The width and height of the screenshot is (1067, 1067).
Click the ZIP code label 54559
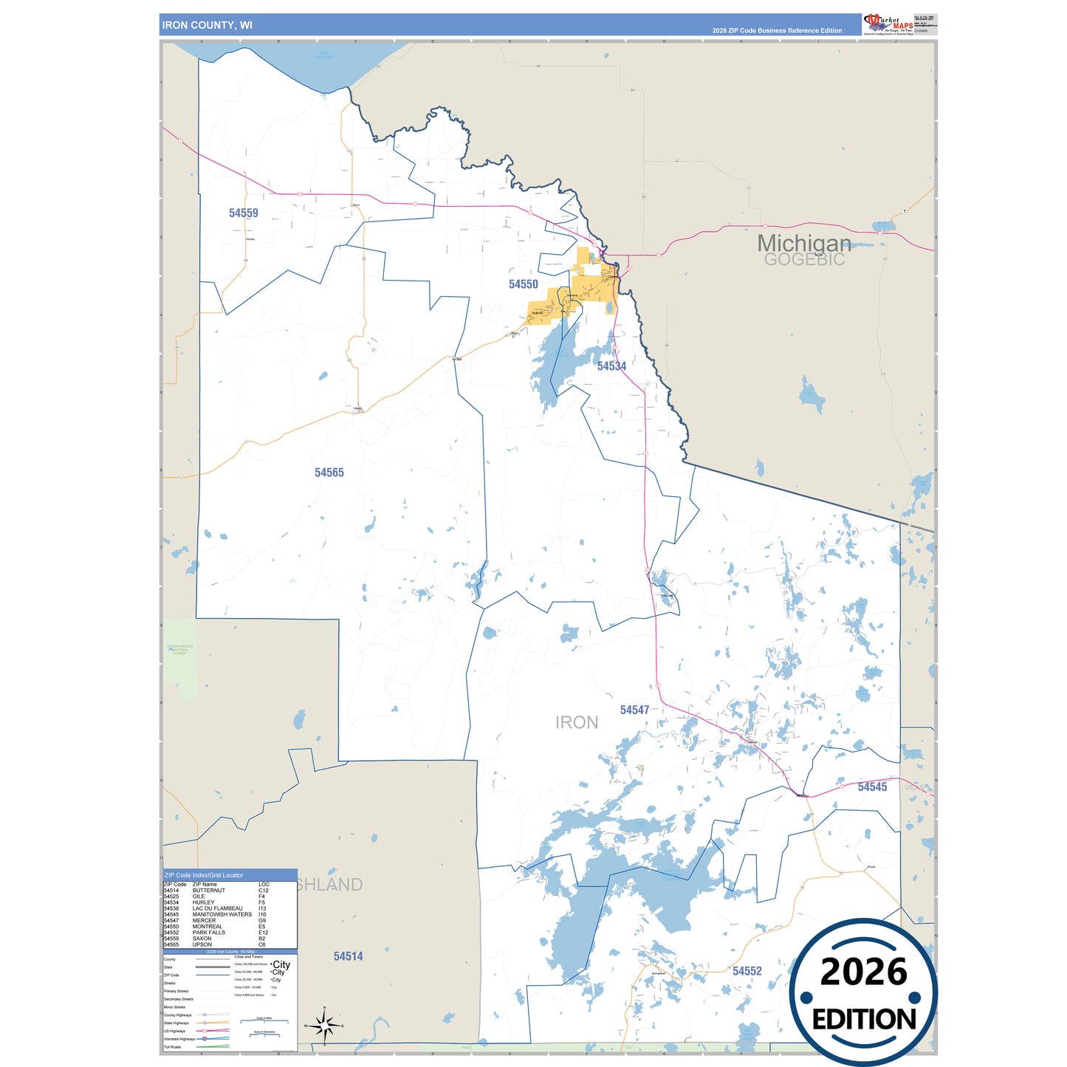[244, 213]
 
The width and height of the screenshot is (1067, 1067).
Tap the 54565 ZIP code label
[329, 473]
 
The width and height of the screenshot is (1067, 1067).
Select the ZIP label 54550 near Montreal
[524, 284]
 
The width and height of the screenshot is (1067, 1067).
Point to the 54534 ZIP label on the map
[611, 366]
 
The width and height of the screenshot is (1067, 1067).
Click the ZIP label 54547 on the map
[634, 710]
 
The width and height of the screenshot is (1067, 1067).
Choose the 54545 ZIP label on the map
[872, 787]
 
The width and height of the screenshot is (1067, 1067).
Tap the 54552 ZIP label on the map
[747, 971]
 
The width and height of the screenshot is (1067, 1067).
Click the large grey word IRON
[577, 723]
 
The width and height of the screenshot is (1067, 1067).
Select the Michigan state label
[803, 243]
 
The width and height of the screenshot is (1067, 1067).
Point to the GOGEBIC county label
[804, 260]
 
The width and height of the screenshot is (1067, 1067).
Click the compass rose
[324, 1026]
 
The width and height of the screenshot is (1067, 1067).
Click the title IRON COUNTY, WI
[207, 25]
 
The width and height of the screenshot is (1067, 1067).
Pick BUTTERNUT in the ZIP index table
[209, 891]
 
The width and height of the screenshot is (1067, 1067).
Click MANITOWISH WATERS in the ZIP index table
[222, 914]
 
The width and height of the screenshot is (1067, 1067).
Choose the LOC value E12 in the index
[264, 933]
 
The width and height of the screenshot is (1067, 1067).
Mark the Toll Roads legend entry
[172, 1047]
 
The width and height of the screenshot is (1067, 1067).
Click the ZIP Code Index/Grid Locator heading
[204, 875]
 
